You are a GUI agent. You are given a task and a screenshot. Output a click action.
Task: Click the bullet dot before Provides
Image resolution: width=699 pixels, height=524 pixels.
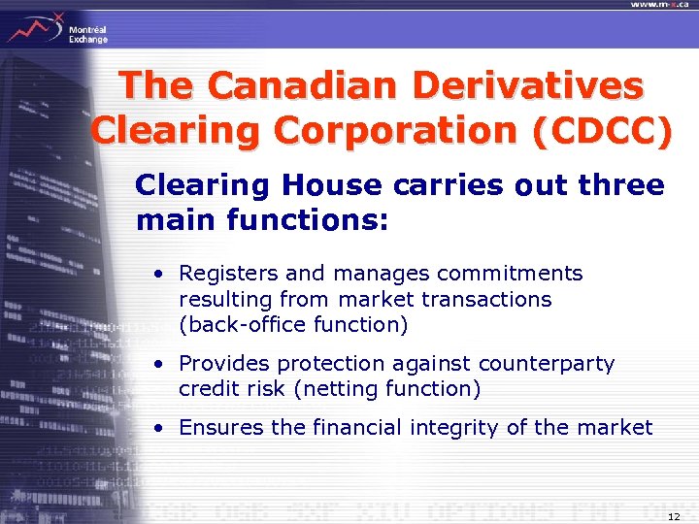tap(156, 365)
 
